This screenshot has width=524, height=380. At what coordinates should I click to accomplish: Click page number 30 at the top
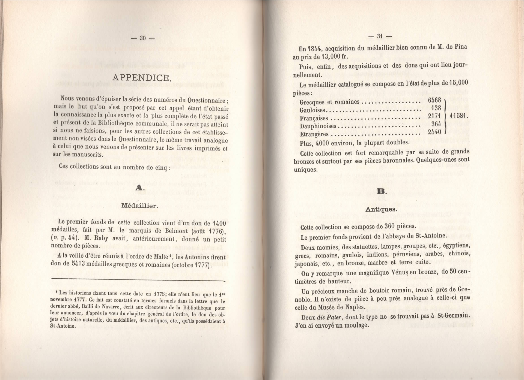coord(143,38)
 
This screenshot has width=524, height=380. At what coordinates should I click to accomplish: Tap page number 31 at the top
coord(380,36)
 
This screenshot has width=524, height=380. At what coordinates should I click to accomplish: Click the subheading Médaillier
coord(139,206)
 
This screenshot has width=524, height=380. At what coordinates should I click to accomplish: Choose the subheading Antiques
coord(381,209)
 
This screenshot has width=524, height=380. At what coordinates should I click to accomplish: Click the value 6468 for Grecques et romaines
coord(435,100)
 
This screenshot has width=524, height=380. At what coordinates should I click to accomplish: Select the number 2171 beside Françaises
coord(435,116)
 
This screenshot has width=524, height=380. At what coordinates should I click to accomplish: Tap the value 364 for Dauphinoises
coord(436,124)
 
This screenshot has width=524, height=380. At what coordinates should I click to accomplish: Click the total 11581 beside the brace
coord(459,115)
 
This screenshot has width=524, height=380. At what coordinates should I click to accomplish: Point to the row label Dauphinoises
coord(318,126)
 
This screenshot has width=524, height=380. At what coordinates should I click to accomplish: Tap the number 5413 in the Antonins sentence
coord(79,264)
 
